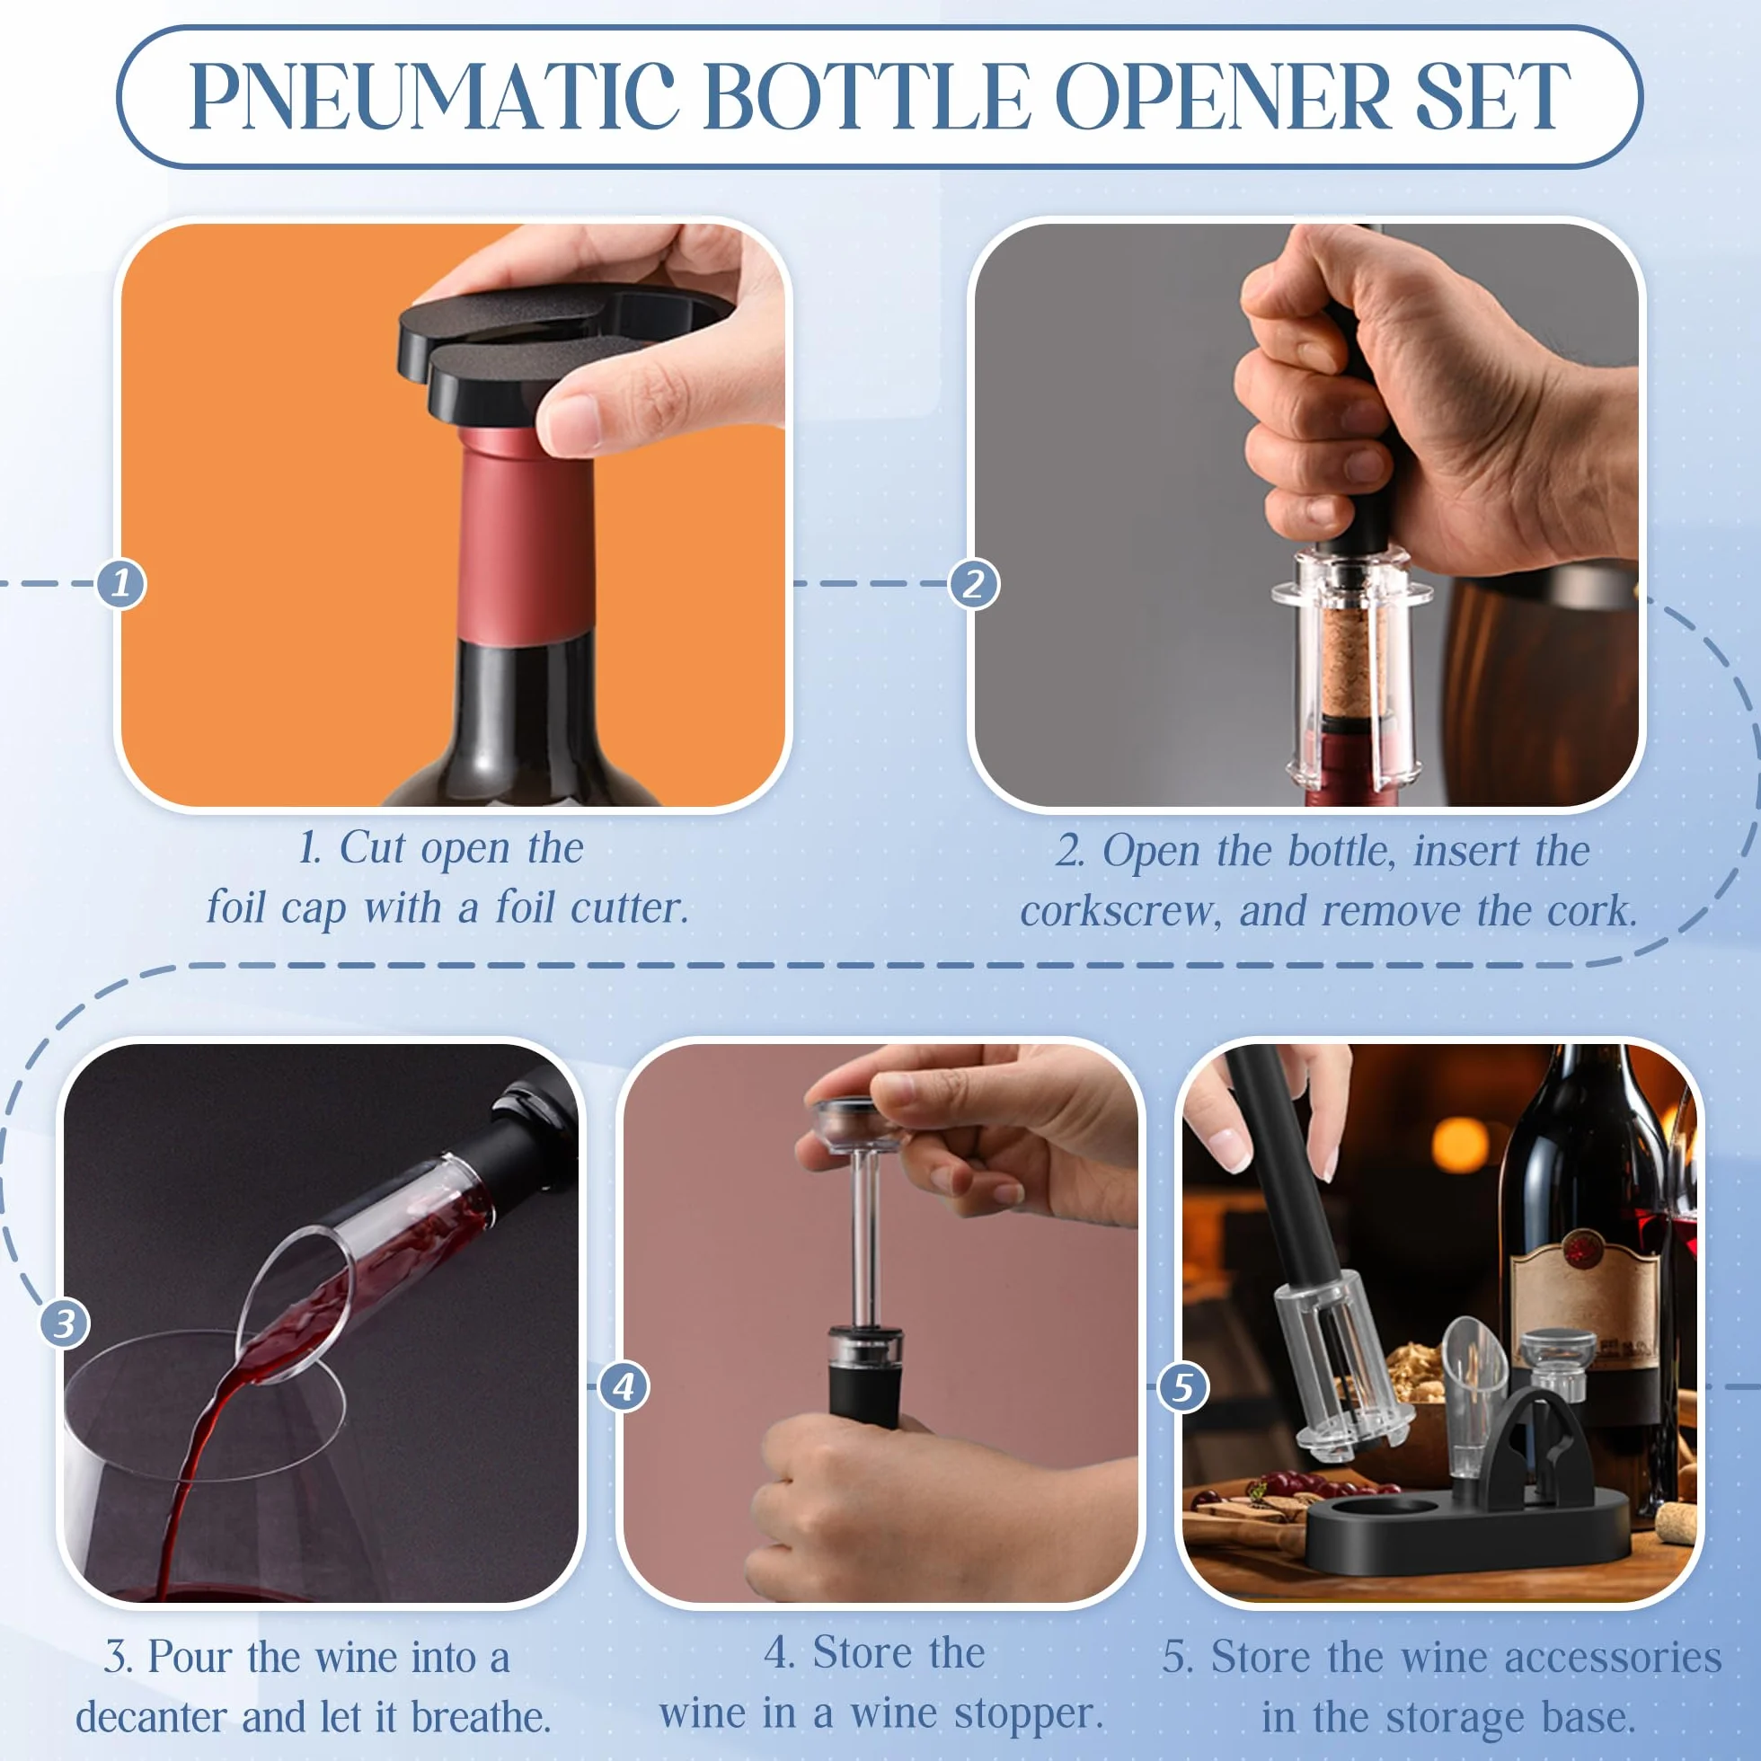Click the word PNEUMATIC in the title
[x=433, y=97]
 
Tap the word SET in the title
[x=1491, y=97]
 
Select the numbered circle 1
[x=121, y=583]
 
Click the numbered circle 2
[x=973, y=583]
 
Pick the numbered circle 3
[x=65, y=1323]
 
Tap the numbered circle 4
[x=624, y=1387]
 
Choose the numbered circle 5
[x=1182, y=1387]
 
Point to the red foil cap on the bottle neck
[x=526, y=538]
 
